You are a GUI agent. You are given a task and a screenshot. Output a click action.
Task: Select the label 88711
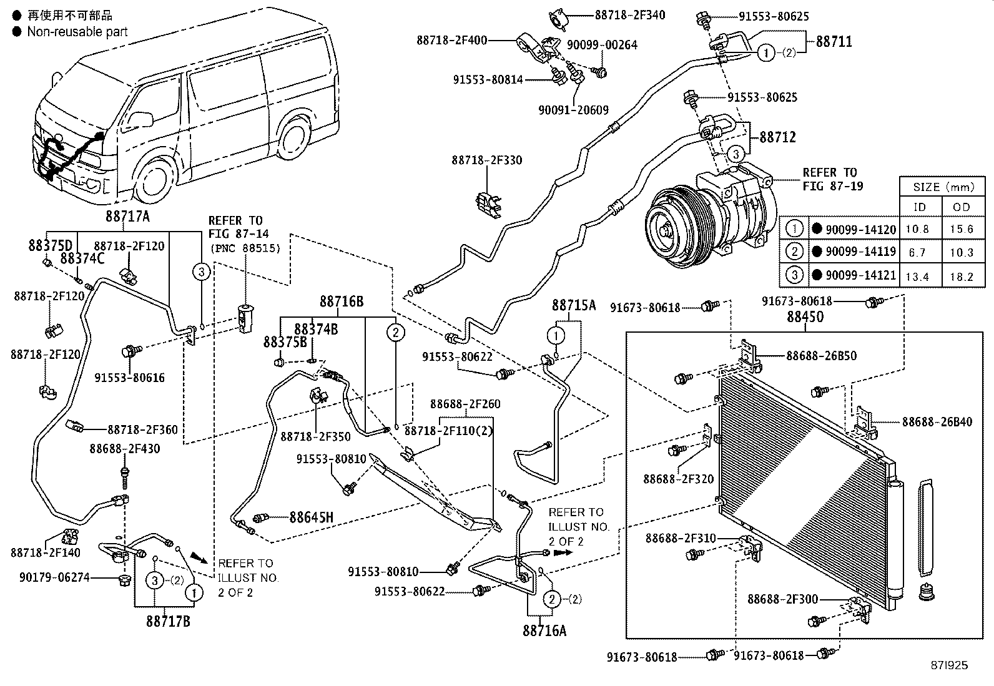(834, 42)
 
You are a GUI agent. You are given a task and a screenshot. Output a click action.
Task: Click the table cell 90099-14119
(860, 252)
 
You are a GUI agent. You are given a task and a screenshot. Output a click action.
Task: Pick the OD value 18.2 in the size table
(962, 277)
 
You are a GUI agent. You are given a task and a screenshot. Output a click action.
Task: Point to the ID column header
(919, 207)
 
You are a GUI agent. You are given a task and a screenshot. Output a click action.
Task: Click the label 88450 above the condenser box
(805, 316)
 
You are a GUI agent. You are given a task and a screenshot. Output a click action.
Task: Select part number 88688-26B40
(937, 422)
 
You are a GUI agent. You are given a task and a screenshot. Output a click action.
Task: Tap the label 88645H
(311, 517)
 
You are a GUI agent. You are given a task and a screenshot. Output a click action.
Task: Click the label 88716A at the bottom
(544, 630)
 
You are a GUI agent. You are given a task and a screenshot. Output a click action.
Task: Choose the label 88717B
(169, 621)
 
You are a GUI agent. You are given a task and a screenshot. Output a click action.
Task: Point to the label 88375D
(50, 245)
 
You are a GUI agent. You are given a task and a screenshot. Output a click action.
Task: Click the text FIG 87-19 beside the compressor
(832, 186)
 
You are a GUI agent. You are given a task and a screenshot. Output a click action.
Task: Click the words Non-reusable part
(77, 31)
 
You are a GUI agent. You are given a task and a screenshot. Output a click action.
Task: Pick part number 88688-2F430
(124, 449)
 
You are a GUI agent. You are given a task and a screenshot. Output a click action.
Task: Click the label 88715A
(573, 306)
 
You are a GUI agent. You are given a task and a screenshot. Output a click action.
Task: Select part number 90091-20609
(573, 110)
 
